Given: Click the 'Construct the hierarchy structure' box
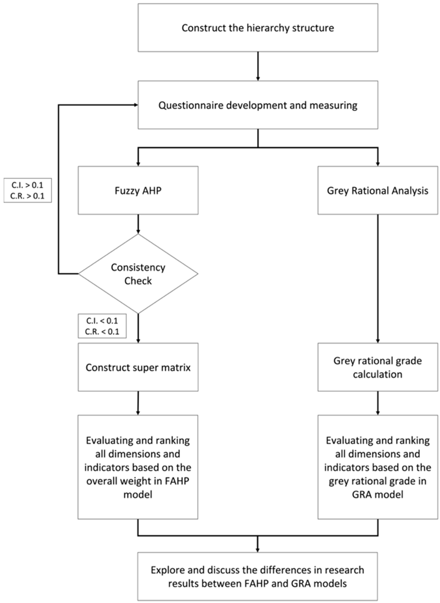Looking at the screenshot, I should coord(258,28).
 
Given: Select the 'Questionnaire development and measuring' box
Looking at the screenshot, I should coord(258,105).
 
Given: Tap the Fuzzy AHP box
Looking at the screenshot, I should coord(138,190).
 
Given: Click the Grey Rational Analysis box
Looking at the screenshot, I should coord(377,190).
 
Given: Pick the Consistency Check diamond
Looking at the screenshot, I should coord(138,274).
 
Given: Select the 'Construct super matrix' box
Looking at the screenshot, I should coord(138,367).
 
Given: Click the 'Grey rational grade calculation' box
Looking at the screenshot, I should coord(377,367).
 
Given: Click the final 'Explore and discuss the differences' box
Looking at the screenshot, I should coord(258,576).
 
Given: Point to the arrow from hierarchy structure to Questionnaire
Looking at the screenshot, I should coord(258,66).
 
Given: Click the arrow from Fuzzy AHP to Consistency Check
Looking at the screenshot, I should coord(138,224).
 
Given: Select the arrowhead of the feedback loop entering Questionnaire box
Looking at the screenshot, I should coord(136,105).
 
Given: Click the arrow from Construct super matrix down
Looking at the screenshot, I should coord(138,403).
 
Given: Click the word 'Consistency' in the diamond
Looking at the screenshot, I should coord(138,267).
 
